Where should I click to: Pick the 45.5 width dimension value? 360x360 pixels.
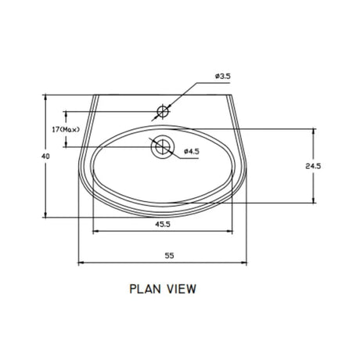coord(163,224)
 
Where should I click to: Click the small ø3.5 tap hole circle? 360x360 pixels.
coord(162,110)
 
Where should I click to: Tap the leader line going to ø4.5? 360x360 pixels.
coord(176,157)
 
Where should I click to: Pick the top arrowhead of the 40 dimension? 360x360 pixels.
coord(49,99)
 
